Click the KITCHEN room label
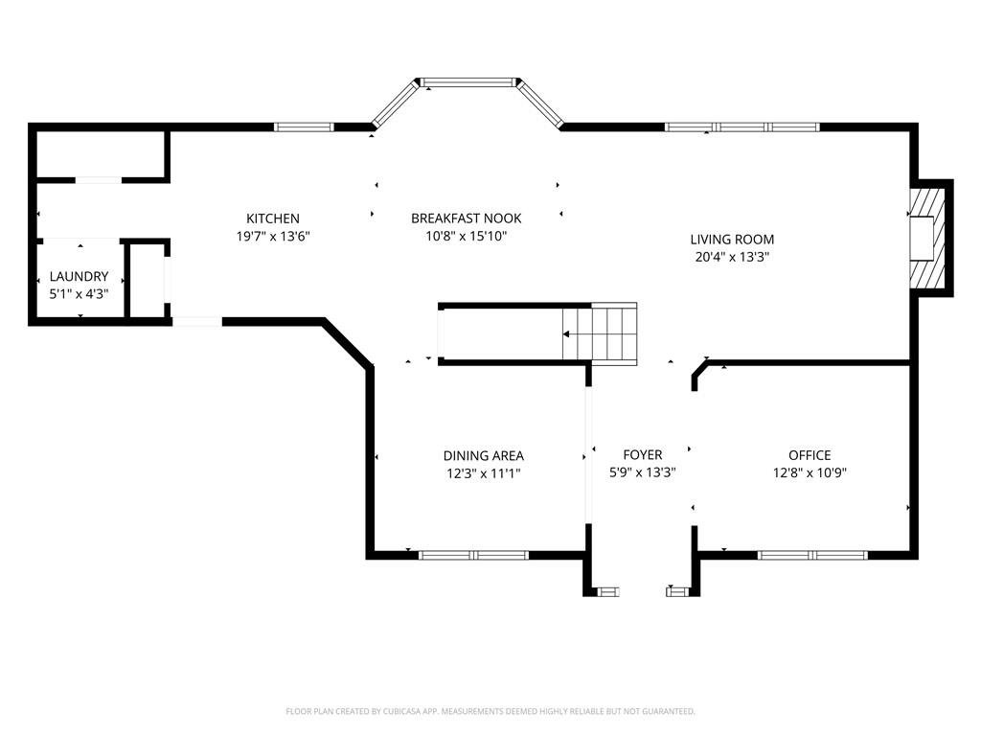pyautogui.click(x=273, y=218)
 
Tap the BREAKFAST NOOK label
pyautogui.click(x=467, y=218)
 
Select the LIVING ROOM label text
pyautogui.click(x=732, y=239)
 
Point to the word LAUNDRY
pyautogui.click(x=79, y=276)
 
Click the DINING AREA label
pyautogui.click(x=484, y=455)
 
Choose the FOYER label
pyautogui.click(x=643, y=455)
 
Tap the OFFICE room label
pyautogui.click(x=810, y=455)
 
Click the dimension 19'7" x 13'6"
pyautogui.click(x=273, y=237)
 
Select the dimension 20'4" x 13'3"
pyautogui.click(x=732, y=257)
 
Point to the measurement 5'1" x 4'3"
pyautogui.click(x=79, y=293)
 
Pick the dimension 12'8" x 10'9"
pyautogui.click(x=810, y=472)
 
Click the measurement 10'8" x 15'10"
pyautogui.click(x=467, y=236)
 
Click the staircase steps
pyautogui.click(x=600, y=333)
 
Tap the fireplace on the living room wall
pyautogui.click(x=931, y=238)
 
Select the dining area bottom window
pyautogui.click(x=473, y=555)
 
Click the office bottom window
pyautogui.click(x=812, y=555)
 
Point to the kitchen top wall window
pyautogui.click(x=304, y=127)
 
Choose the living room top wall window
pyautogui.click(x=742, y=127)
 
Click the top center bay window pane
pyautogui.click(x=468, y=82)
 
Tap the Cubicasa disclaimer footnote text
pyautogui.click(x=490, y=711)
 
